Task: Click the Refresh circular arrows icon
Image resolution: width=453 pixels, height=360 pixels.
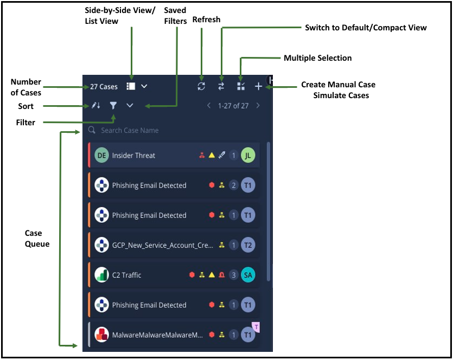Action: click(201, 86)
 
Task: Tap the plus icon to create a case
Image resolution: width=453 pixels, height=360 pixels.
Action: click(258, 86)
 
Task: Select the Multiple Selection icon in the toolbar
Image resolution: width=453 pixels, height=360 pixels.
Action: click(241, 86)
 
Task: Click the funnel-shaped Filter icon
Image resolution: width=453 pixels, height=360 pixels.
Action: click(113, 106)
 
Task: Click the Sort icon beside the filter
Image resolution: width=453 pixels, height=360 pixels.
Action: click(96, 106)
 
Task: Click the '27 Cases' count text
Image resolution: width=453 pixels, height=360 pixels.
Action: click(104, 87)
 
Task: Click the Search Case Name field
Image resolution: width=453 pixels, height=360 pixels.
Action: click(130, 131)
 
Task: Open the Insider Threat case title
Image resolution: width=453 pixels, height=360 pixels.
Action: click(133, 156)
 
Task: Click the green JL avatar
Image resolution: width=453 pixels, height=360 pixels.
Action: click(248, 156)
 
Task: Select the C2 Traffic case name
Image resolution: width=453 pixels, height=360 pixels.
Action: click(126, 275)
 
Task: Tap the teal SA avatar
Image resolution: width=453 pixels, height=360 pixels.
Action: click(248, 275)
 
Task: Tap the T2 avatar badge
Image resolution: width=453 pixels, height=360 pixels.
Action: click(248, 246)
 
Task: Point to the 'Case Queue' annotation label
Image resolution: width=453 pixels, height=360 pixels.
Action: click(37, 239)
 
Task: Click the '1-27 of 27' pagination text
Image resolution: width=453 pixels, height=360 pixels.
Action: click(233, 106)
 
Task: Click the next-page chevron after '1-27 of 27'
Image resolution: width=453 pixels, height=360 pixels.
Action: click(258, 106)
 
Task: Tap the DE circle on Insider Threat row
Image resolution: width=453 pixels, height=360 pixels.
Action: click(101, 156)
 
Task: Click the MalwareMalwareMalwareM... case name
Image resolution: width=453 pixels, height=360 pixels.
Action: click(157, 335)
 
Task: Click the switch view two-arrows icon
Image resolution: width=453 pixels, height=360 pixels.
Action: click(221, 86)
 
